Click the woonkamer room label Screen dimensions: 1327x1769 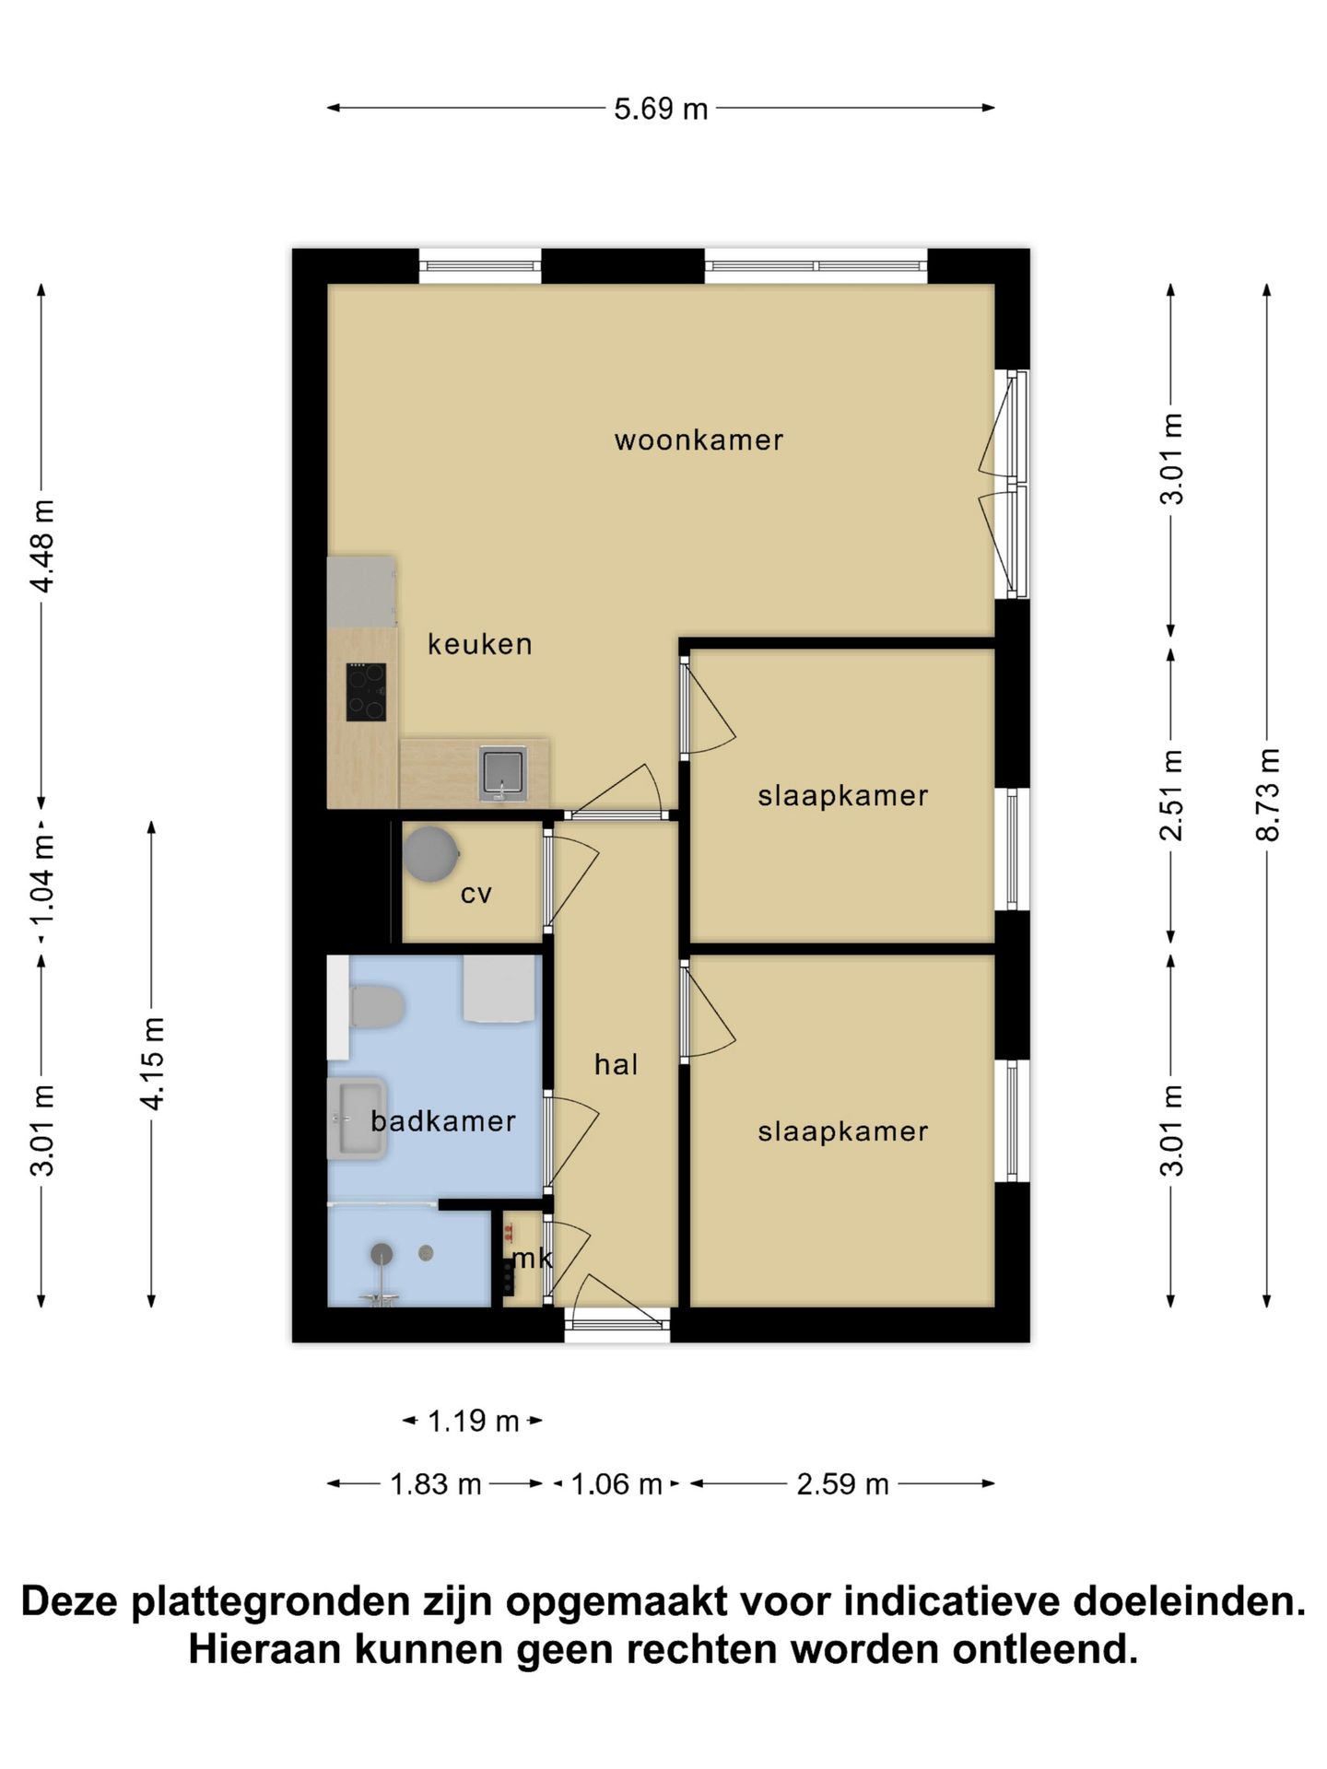tap(699, 440)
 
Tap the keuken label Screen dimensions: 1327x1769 tap(479, 644)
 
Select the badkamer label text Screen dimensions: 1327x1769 tap(442, 1121)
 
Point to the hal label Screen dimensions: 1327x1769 tap(616, 1065)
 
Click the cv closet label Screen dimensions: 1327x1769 tap(476, 894)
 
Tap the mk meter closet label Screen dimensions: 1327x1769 tap(532, 1258)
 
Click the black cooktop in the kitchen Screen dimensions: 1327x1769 tap(366, 692)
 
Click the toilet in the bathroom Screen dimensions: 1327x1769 tap(376, 1007)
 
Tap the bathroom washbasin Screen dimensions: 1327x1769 tap(358, 1119)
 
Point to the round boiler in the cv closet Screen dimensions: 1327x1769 tap(430, 853)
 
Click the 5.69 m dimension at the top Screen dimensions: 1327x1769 tap(661, 109)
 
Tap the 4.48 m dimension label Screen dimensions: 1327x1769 tap(41, 545)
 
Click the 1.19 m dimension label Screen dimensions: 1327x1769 tap(473, 1421)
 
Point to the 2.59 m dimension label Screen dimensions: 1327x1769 tap(842, 1483)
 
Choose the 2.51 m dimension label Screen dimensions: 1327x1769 tap(1170, 794)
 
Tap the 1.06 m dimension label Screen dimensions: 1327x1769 tap(617, 1483)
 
